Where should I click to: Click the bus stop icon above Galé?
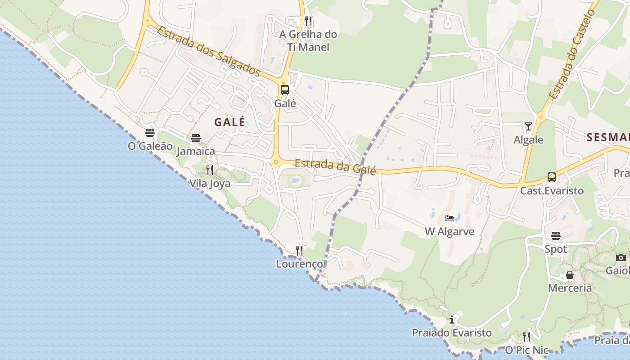click(285, 90)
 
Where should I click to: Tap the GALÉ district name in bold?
click(230, 122)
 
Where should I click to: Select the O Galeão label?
click(150, 146)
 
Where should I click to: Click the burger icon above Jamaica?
click(195, 138)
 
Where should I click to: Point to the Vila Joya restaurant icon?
click(210, 170)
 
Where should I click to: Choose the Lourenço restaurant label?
click(300, 264)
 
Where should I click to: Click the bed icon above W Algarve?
click(449, 218)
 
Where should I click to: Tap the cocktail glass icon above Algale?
click(528, 126)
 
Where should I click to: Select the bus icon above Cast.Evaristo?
click(552, 177)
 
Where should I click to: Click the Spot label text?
click(556, 249)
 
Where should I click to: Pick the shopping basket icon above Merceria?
click(570, 274)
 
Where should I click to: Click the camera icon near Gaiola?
click(621, 257)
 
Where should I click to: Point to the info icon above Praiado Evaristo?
click(452, 319)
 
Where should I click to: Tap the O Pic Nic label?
click(526, 350)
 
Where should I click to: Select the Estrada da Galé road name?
click(335, 166)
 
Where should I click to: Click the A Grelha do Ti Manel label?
click(308, 40)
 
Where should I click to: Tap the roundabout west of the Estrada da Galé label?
click(275, 162)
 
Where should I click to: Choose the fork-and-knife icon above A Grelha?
click(308, 21)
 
